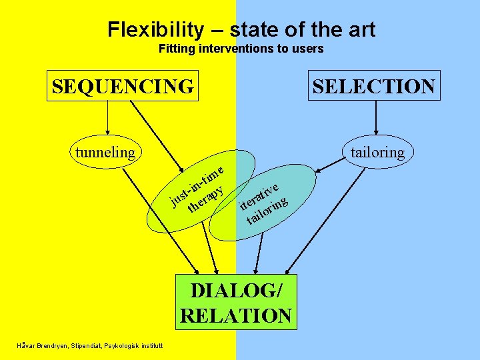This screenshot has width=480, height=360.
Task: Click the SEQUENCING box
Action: point(123,86)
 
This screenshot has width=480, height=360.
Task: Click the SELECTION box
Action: point(373,86)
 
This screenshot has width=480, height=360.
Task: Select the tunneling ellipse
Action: point(105,152)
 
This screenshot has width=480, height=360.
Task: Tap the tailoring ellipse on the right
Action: point(377,152)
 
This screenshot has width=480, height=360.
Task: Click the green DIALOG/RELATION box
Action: point(236,303)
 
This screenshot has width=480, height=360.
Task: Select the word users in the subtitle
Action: point(308,49)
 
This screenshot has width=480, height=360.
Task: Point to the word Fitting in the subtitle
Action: point(177,49)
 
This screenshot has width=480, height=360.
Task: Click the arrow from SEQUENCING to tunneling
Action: point(107,121)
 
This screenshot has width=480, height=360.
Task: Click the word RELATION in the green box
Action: point(236,315)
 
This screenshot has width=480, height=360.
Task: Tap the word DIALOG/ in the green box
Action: point(236,291)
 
